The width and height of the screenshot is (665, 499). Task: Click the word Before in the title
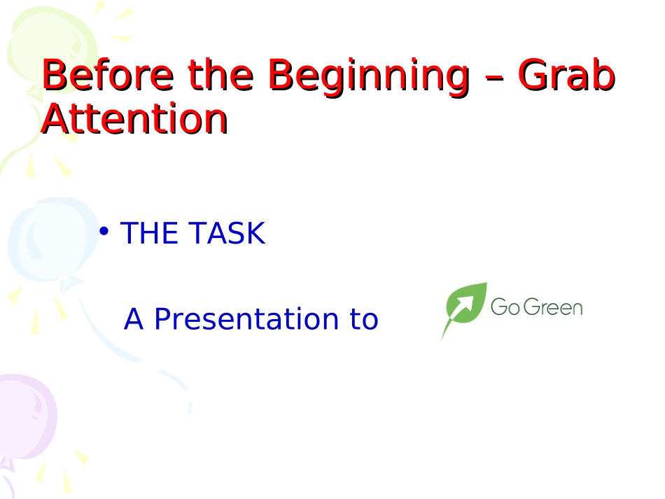click(108, 75)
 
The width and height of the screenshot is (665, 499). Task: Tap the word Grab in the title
click(566, 75)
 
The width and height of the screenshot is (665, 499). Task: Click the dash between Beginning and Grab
click(494, 79)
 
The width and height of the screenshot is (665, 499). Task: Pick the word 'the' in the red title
click(220, 75)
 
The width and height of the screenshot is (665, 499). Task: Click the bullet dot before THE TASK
click(104, 232)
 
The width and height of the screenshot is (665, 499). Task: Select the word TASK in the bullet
click(227, 233)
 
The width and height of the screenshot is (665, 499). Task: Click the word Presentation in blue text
click(246, 318)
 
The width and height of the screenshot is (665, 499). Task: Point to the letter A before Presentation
click(133, 318)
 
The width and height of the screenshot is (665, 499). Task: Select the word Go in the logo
click(505, 307)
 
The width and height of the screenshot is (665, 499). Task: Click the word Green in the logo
click(553, 307)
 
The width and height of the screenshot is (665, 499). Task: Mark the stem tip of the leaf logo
click(442, 339)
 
